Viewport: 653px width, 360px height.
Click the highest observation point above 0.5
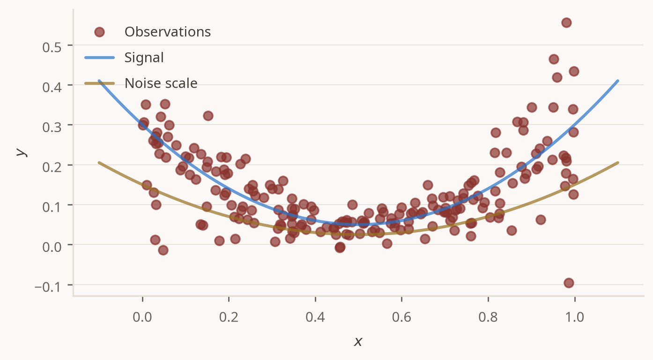tap(566, 23)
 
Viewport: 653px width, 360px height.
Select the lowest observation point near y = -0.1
tap(569, 283)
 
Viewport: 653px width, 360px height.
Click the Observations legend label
tap(167, 32)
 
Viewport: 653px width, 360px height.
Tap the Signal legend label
tap(144, 58)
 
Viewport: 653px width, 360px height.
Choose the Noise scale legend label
tap(161, 83)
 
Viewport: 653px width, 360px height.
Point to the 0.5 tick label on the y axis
tap(52, 47)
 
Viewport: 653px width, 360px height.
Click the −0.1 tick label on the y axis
tap(48, 287)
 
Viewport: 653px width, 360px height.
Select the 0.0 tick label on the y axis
tap(52, 247)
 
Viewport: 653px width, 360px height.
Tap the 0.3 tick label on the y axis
tap(52, 127)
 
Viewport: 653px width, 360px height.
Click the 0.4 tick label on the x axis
tap(315, 317)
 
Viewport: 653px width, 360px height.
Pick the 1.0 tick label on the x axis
tap(575, 317)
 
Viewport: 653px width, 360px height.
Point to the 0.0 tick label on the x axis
tap(142, 317)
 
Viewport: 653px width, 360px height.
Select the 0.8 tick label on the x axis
tap(488, 317)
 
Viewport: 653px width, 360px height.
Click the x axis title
tap(358, 341)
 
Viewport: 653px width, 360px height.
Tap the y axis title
tap(21, 152)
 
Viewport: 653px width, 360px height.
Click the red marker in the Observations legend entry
tap(99, 32)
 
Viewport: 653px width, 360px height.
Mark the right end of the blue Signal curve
tap(618, 81)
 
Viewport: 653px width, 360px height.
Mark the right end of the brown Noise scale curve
tap(618, 162)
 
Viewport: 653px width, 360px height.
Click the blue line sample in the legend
tap(99, 58)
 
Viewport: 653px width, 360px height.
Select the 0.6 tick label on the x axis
tap(401, 317)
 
